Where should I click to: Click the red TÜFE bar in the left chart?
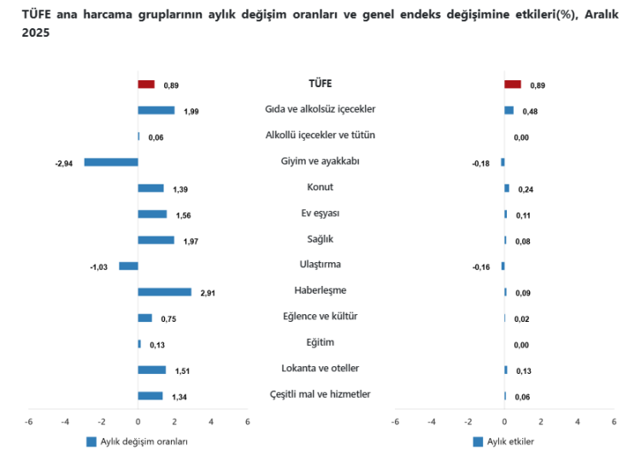(x=146, y=85)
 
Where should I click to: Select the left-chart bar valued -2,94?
(x=111, y=162)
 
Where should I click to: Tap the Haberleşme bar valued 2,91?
(x=164, y=292)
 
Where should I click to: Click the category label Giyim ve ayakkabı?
(x=320, y=161)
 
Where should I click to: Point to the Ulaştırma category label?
(x=320, y=265)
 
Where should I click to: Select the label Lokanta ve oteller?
(x=320, y=368)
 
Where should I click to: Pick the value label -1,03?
(x=98, y=267)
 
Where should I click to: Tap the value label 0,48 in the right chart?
(x=530, y=111)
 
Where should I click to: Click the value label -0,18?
(x=481, y=163)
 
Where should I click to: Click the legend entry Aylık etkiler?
(x=510, y=441)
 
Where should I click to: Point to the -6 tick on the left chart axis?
(x=29, y=422)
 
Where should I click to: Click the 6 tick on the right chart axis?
(x=614, y=422)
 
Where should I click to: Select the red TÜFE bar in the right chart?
(x=513, y=85)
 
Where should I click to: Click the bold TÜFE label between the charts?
(x=320, y=84)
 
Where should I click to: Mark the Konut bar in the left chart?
(x=150, y=188)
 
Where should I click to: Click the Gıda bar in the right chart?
(x=509, y=110)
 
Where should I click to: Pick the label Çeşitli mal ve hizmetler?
(x=320, y=394)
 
